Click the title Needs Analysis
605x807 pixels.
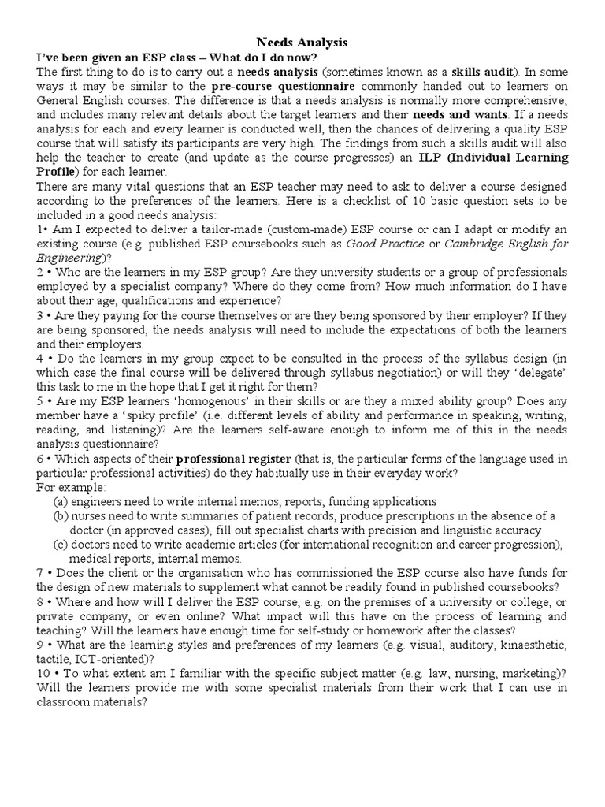tap(302, 42)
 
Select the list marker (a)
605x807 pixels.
tap(61, 501)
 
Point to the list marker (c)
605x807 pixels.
tap(61, 545)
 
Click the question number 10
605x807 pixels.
tap(44, 674)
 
